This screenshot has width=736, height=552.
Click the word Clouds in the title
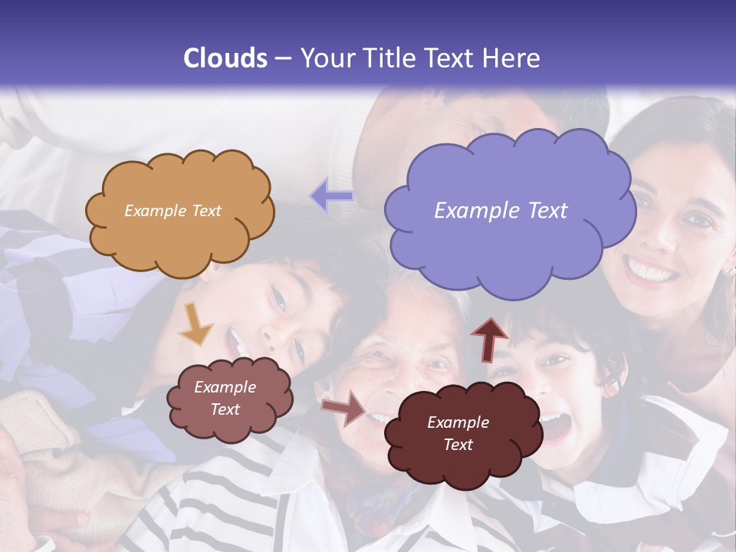[x=225, y=58]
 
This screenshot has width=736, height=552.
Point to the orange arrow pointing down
[x=195, y=325]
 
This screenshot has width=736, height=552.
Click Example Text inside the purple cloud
[x=501, y=211]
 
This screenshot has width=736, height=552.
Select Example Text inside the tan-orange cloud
[x=172, y=211]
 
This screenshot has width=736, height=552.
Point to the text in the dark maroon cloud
[x=458, y=433]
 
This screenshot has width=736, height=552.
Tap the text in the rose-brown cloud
[x=225, y=398]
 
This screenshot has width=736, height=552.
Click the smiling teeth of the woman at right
[x=650, y=270]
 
